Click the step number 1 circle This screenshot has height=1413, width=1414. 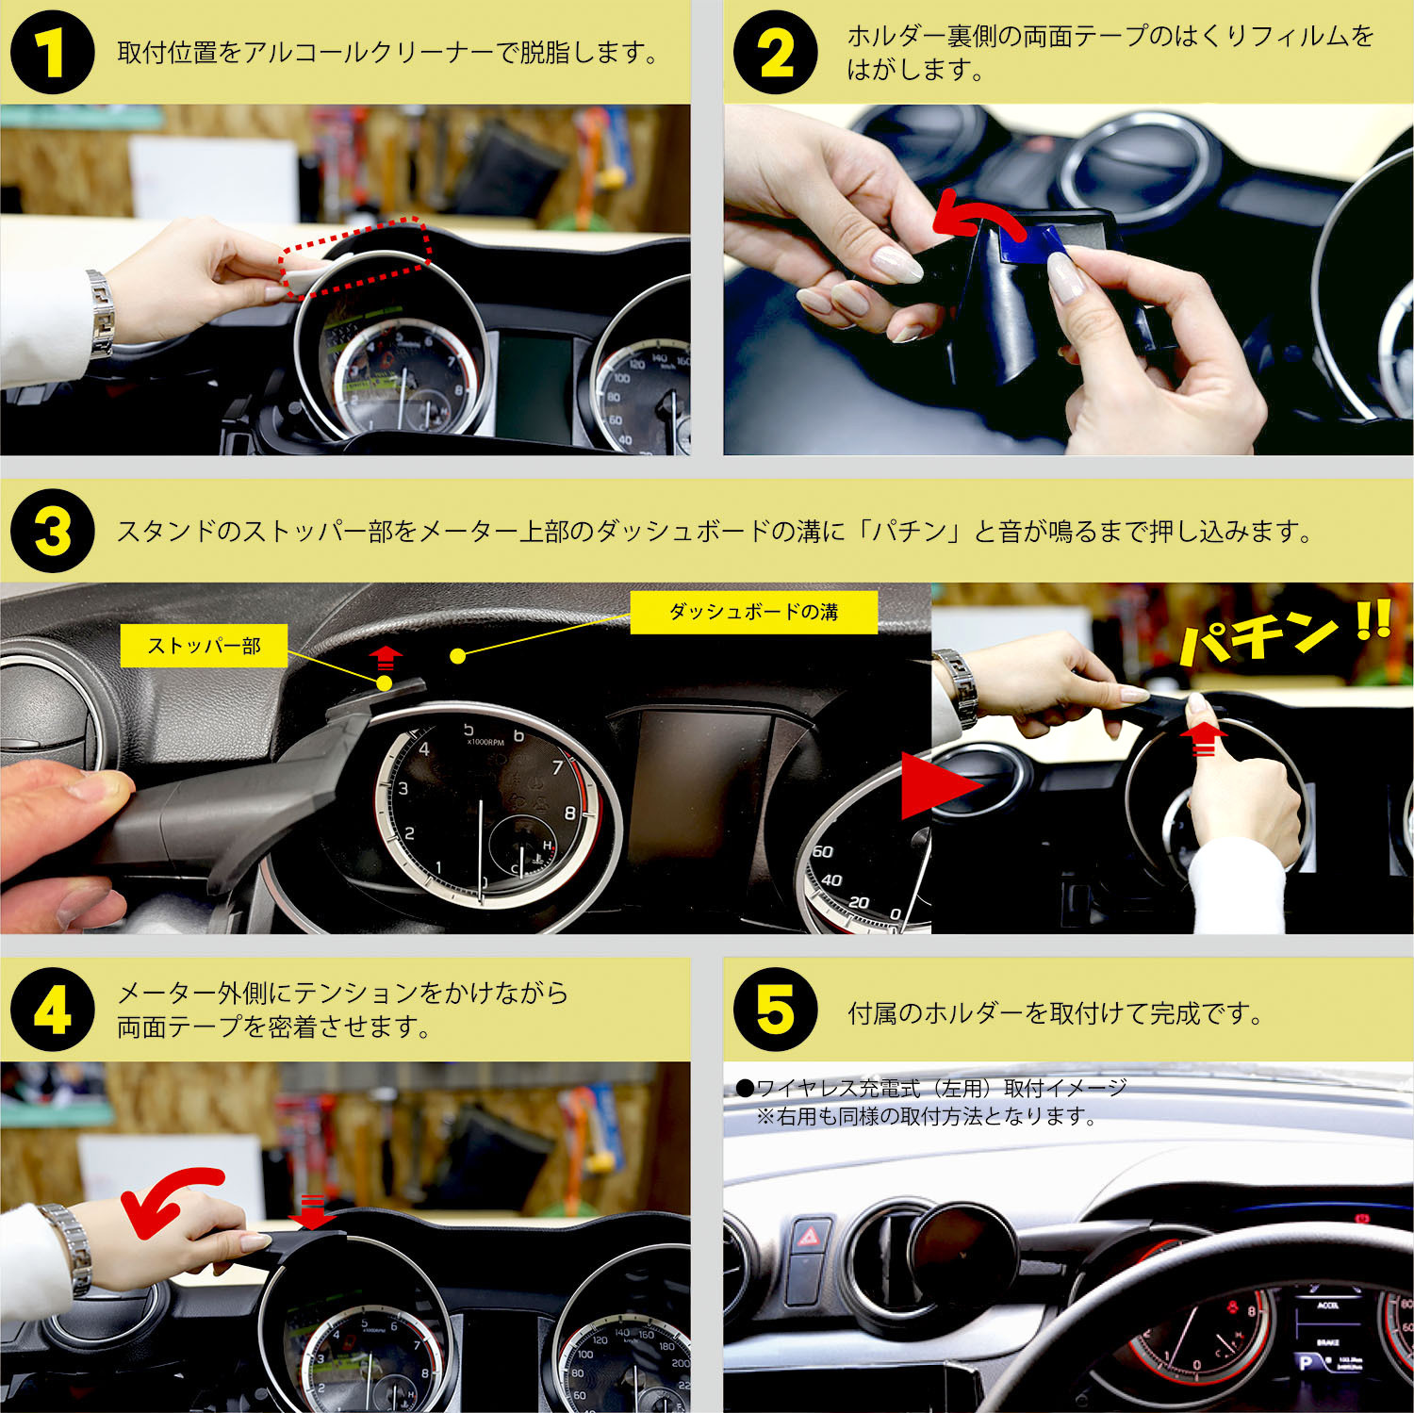[52, 53]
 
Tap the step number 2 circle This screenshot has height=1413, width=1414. [775, 53]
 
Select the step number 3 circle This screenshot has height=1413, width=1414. [52, 531]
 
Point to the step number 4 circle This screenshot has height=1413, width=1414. [52, 1010]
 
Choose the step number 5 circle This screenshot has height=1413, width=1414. [775, 1010]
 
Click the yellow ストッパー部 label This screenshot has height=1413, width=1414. [204, 647]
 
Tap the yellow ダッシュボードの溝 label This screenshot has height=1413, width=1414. [753, 613]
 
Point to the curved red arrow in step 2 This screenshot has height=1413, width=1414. [980, 217]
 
